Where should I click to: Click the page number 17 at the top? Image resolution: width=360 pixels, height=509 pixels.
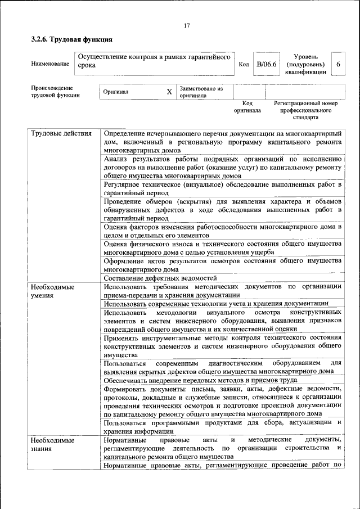(186, 25)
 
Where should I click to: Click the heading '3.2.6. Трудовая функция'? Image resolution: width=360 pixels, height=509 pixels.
(71, 40)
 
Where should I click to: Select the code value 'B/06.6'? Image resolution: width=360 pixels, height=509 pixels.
(266, 64)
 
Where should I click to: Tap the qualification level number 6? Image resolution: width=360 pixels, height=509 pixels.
(338, 64)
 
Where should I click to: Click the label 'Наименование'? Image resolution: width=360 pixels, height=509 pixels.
(50, 64)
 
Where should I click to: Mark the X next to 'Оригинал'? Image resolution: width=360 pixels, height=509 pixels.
(169, 92)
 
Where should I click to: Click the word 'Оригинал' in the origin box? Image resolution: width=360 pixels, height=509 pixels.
(116, 92)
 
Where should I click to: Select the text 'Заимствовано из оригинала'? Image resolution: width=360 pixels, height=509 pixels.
(201, 92)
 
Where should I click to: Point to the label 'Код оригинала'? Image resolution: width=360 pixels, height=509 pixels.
(247, 107)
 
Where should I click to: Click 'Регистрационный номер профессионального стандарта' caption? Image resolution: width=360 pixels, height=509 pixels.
(305, 110)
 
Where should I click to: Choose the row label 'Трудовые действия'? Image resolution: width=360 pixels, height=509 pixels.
(61, 133)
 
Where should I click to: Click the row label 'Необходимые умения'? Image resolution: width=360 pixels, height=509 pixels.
(52, 290)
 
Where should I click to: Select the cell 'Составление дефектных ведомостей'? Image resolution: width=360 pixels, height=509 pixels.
(160, 278)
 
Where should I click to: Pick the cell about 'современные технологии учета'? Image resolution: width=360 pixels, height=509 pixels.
(216, 303)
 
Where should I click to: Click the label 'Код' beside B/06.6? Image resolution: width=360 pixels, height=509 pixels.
(244, 64)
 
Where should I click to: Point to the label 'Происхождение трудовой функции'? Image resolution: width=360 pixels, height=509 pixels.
(55, 92)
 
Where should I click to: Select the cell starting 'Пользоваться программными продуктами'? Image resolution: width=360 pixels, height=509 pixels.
(222, 426)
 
